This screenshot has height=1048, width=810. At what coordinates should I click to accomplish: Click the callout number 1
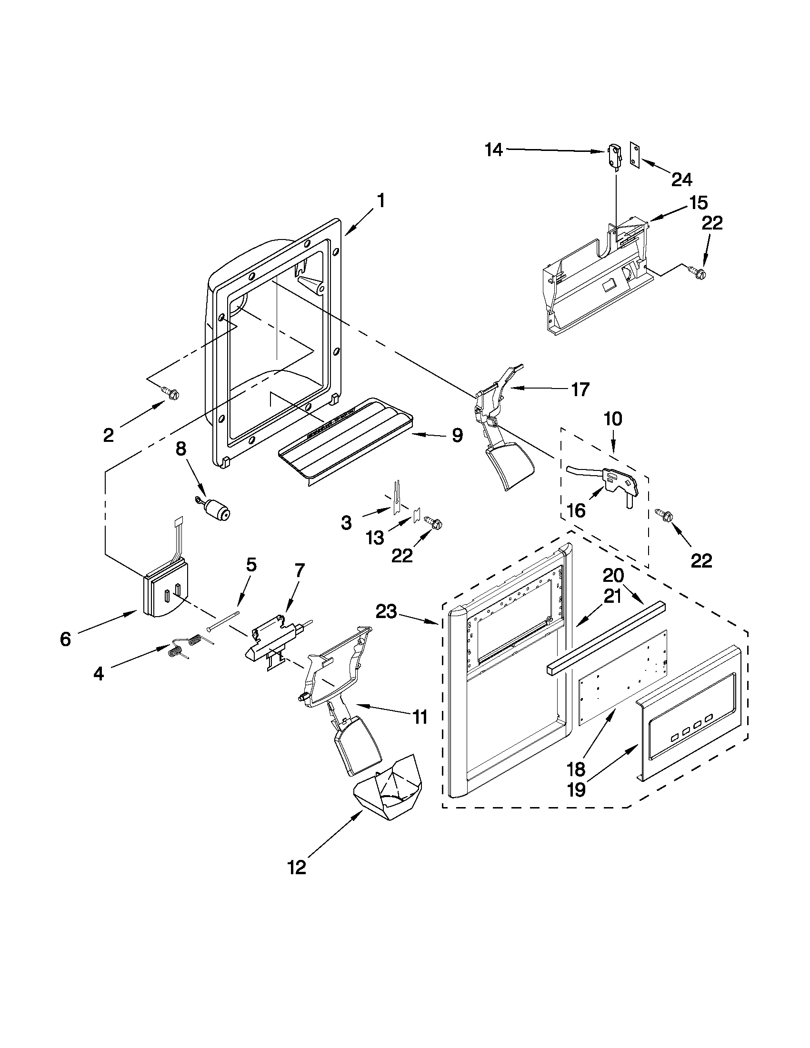[x=380, y=200]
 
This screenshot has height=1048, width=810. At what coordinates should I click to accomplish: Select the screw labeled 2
[x=171, y=392]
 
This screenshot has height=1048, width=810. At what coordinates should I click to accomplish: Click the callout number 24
[x=682, y=180]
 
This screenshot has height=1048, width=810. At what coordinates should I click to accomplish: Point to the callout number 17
[x=580, y=389]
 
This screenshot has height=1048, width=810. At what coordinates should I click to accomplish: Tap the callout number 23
[x=387, y=611]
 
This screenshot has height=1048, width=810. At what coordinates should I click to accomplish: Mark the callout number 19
[x=576, y=789]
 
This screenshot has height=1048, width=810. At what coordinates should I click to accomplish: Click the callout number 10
[x=613, y=419]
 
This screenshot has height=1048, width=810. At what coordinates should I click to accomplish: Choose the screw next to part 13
[x=434, y=525]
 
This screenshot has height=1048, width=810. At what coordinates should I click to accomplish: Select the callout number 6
[x=66, y=639]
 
